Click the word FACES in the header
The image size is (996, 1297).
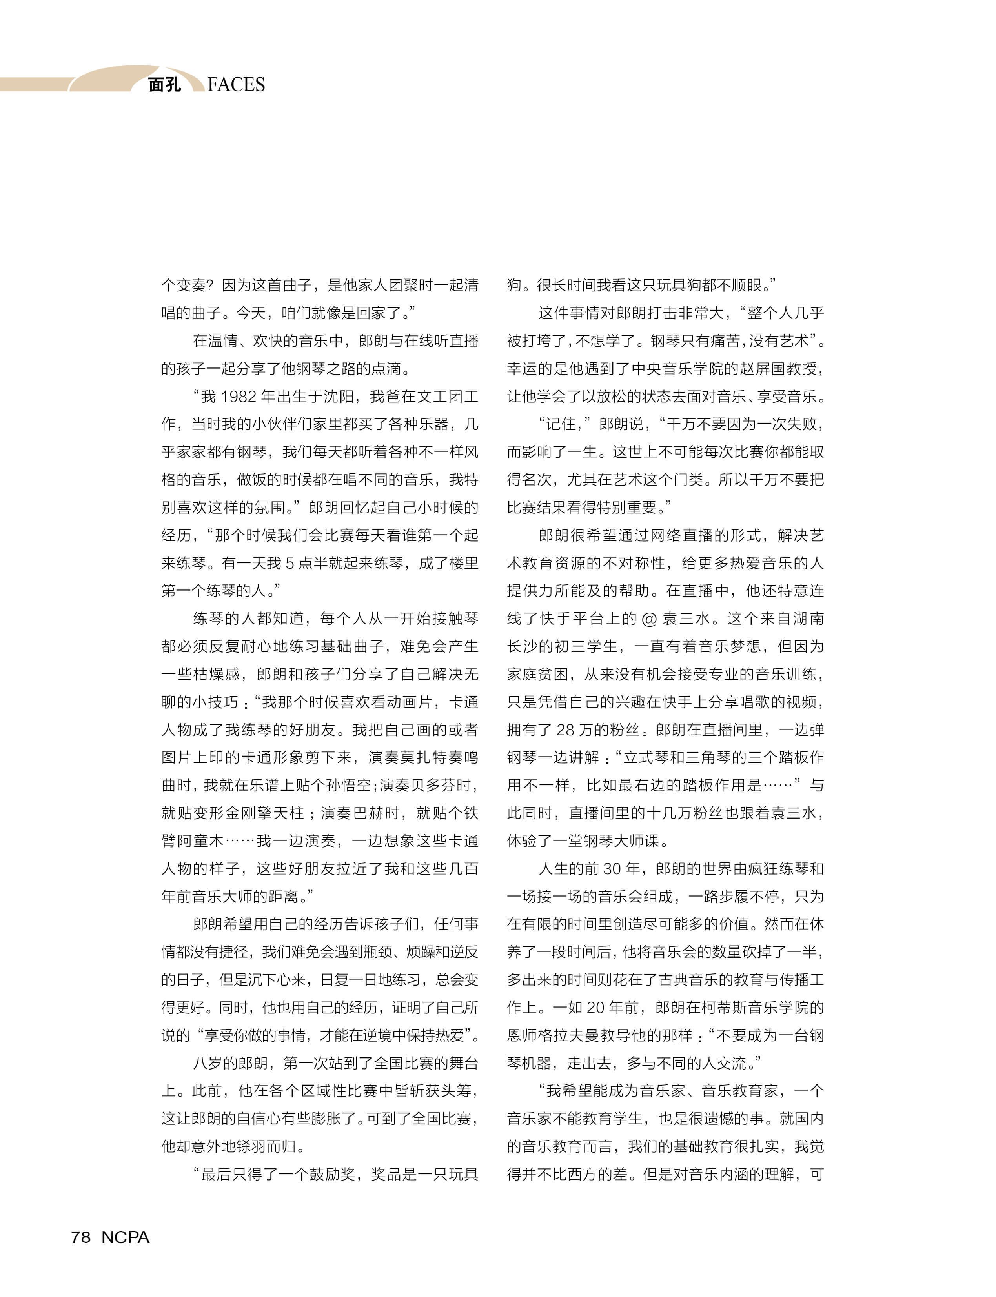(x=236, y=85)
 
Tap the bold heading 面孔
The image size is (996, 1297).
(x=164, y=85)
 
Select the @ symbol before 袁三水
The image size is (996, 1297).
(x=649, y=619)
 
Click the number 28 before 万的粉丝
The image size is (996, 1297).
(x=564, y=730)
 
